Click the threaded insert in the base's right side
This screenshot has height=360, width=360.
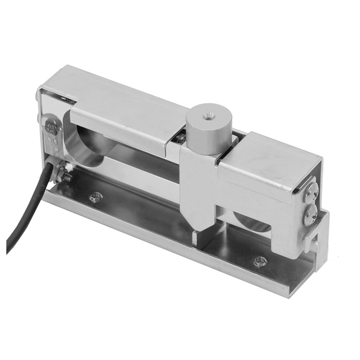click(260, 262)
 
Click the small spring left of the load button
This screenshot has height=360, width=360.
click(179, 139)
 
